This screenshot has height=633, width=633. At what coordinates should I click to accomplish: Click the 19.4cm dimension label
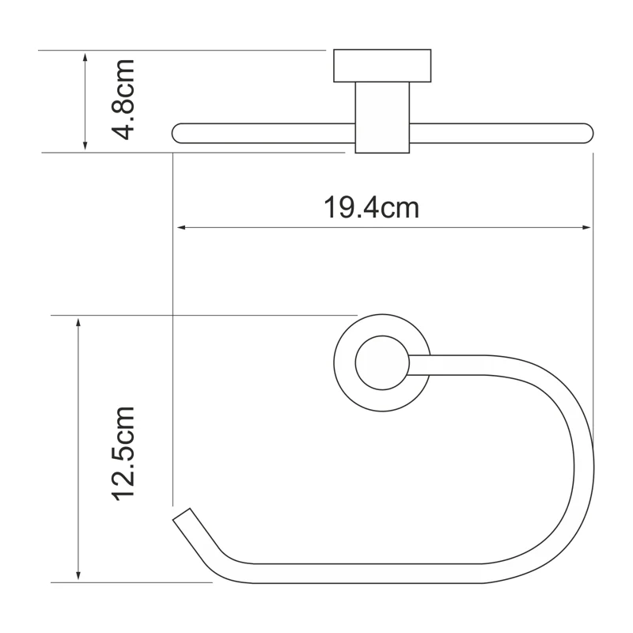(370, 208)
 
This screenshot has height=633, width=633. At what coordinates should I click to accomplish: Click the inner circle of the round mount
(382, 365)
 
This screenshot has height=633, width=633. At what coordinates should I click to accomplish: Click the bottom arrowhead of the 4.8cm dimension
(85, 146)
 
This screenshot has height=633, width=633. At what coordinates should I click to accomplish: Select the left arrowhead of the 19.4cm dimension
(180, 228)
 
